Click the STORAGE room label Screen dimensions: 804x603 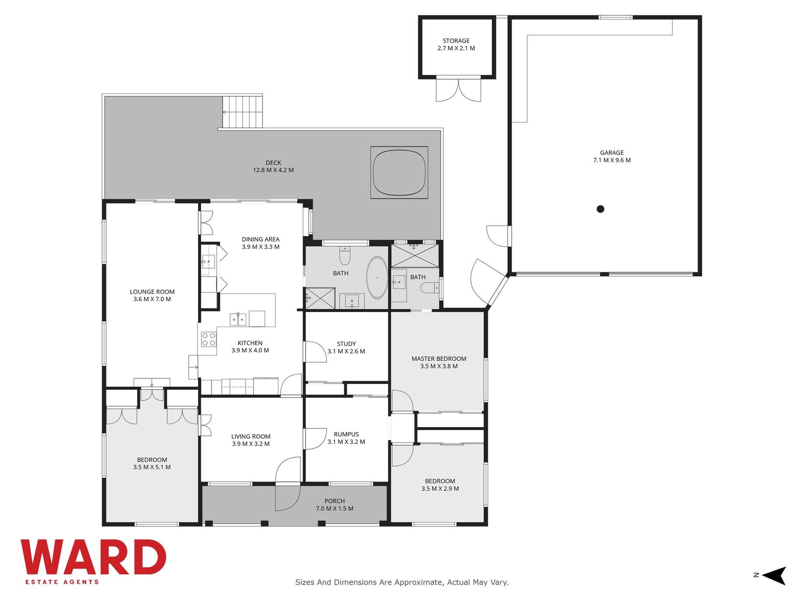pyautogui.click(x=456, y=41)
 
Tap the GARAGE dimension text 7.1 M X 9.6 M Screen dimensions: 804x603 pyautogui.click(x=612, y=160)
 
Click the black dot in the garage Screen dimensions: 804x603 pyautogui.click(x=600, y=209)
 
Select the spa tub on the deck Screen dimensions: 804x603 pyautogui.click(x=399, y=172)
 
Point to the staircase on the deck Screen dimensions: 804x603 pyautogui.click(x=243, y=112)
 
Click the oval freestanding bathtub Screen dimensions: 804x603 pyautogui.click(x=377, y=277)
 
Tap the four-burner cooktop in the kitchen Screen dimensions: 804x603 pyautogui.click(x=209, y=339)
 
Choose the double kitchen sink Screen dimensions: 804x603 pyautogui.click(x=238, y=319)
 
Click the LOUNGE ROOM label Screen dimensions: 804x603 pyautogui.click(x=152, y=292)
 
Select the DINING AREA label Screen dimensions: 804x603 pyautogui.click(x=260, y=240)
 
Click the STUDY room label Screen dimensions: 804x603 pyautogui.click(x=346, y=344)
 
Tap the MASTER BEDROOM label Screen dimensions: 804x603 pyautogui.click(x=439, y=359)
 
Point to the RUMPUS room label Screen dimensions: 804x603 pyautogui.click(x=346, y=434)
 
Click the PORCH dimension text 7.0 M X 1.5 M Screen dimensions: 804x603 pyautogui.click(x=335, y=509)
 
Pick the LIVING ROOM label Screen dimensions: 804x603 pyautogui.click(x=251, y=436)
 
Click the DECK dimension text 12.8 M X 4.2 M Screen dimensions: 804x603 pyautogui.click(x=273, y=170)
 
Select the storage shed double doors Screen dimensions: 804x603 pyautogui.click(x=458, y=90)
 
